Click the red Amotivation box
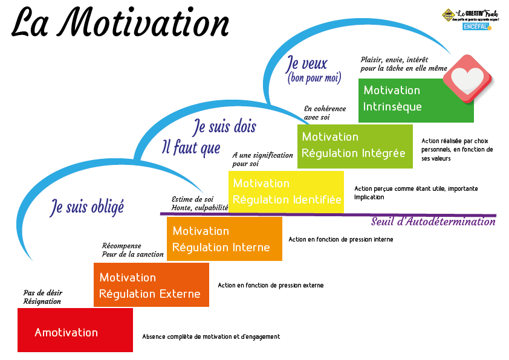tap(75, 330)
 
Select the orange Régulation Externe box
tap(151, 284)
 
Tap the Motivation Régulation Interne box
tap(224, 239)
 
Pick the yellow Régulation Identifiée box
tap(286, 191)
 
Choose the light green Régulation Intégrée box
tap(355, 146)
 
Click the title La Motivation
tap(121, 24)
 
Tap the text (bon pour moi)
tap(314, 78)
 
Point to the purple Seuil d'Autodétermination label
tap(433, 222)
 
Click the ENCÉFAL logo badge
tap(477, 27)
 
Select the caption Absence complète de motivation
tap(211, 336)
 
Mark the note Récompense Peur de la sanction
tap(132, 250)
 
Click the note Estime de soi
tap(192, 199)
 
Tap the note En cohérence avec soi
tap(325, 112)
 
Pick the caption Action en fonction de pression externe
tap(270, 285)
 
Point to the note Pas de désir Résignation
tap(42, 297)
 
